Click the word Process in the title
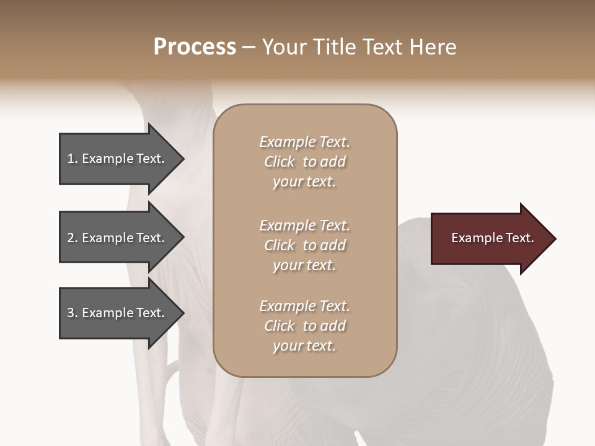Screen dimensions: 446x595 (x=195, y=47)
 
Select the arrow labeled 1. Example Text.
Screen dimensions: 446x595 (x=118, y=159)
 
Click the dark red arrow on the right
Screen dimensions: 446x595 (x=490, y=238)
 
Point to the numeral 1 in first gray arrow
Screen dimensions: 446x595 (x=71, y=159)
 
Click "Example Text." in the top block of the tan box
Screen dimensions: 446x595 (x=304, y=142)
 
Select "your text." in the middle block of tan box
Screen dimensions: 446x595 (x=304, y=265)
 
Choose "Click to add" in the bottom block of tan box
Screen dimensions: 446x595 (x=304, y=326)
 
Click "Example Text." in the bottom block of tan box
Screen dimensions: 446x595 (x=304, y=306)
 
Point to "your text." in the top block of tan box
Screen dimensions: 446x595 (x=304, y=182)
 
